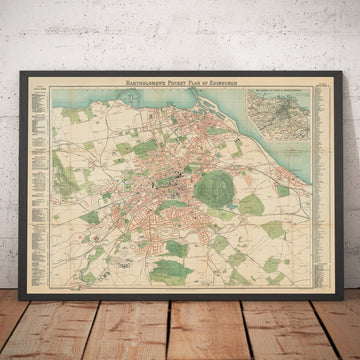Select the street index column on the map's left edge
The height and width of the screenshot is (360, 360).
(x=43, y=170)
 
